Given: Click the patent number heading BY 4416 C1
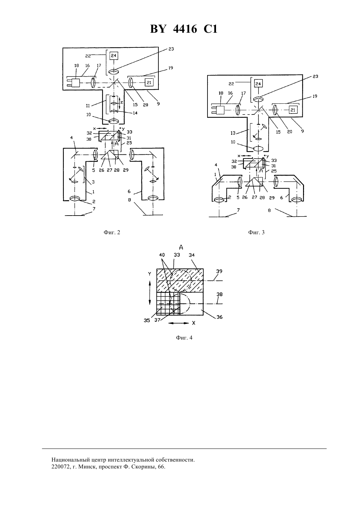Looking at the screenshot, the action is tap(184, 29).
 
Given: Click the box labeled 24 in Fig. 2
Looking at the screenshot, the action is tap(114, 56).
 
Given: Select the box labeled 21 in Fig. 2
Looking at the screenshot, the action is tap(149, 82).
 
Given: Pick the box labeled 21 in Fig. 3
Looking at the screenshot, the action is tap(293, 110).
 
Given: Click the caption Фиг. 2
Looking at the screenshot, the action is tap(112, 233).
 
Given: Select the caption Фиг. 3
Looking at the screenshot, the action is tap(256, 233).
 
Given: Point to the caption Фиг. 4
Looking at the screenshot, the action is tap(184, 338).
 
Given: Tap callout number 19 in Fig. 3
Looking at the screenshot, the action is tap(315, 97).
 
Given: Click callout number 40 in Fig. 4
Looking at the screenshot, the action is tap(162, 255).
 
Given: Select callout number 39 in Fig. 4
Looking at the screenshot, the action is tap(219, 271).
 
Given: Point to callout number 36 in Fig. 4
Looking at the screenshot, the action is tap(219, 317).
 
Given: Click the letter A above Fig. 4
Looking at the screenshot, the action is tap(181, 247).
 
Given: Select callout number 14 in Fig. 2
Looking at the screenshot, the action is tap(135, 113).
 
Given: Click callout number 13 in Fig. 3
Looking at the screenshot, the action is tap(233, 133).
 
